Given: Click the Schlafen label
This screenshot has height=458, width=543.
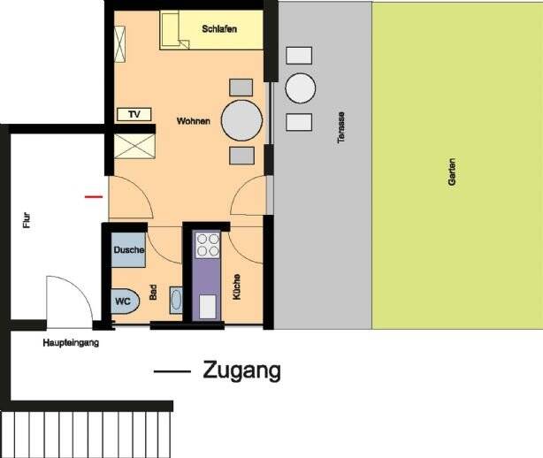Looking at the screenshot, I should [219, 29].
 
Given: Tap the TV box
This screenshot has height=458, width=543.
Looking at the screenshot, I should [134, 114].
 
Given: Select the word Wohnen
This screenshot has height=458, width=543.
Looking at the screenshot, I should [193, 120].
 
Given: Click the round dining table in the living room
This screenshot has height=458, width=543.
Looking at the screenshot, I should [241, 120].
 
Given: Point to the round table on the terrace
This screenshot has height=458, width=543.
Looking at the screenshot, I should [300, 88].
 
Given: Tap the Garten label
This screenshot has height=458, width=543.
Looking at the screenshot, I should [452, 169].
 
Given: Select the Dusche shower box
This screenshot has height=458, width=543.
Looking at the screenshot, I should [129, 251].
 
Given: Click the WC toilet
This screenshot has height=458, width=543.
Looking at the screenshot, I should [125, 301].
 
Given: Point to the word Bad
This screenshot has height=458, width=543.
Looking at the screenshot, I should [154, 293].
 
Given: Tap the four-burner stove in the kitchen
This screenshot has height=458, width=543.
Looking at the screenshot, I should [208, 244].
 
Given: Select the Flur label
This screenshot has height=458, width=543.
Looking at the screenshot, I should [27, 218].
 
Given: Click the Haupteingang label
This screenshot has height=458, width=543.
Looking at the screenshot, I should [71, 342].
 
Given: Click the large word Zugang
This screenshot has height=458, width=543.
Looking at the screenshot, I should [241, 370].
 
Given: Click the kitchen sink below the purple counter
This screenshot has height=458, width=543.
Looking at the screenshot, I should [207, 306].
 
